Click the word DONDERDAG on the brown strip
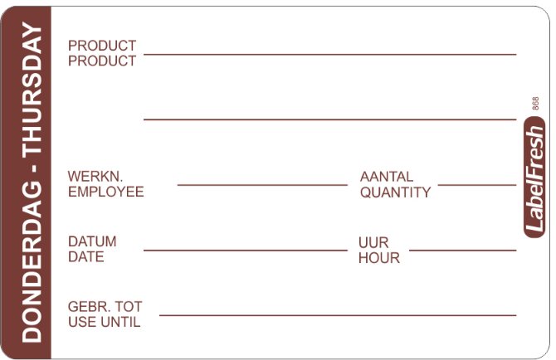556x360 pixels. click(32, 262)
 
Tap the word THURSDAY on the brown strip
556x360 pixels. click(32, 88)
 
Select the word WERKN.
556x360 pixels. click(95, 176)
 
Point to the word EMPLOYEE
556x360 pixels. click(105, 192)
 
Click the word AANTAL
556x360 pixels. click(387, 177)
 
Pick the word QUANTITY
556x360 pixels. click(395, 192)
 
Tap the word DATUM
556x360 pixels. click(92, 241)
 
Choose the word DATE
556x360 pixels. click(85, 257)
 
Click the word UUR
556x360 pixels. click(373, 243)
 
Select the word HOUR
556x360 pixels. click(379, 258)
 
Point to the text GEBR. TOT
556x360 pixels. click(105, 306)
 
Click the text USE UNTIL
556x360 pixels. click(105, 322)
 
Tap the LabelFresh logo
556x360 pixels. click(534, 178)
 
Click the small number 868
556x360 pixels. click(535, 103)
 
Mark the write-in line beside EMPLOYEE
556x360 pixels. click(262, 185)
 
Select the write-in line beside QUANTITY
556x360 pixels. click(477, 185)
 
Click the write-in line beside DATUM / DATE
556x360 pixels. click(246, 251)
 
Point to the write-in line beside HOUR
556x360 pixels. click(463, 251)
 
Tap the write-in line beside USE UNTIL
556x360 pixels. click(338, 315)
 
